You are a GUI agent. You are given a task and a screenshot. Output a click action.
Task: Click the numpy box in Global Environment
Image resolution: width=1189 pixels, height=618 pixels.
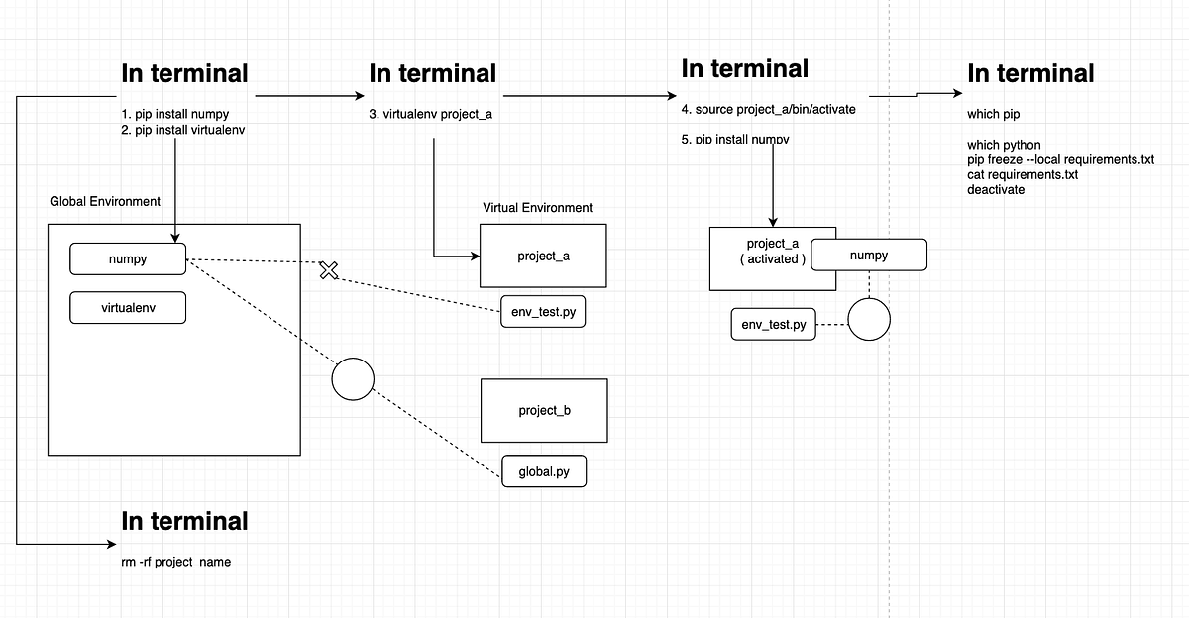[x=128, y=259]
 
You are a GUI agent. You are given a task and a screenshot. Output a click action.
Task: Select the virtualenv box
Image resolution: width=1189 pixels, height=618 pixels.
[x=128, y=307]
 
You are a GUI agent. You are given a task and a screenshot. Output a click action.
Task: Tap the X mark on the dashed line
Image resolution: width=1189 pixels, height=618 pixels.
[x=330, y=269]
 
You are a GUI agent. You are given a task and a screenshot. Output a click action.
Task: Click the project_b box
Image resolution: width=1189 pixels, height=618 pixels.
[x=544, y=410]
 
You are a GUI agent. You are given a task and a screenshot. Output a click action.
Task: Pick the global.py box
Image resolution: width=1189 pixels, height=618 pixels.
[x=544, y=471]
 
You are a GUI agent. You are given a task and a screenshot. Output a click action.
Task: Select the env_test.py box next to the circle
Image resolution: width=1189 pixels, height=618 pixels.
[x=774, y=324]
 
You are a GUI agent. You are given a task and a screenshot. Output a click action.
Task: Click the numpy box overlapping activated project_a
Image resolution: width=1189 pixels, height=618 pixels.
[x=869, y=255]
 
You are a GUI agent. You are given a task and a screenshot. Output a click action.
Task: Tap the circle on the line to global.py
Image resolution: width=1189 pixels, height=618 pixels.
[x=353, y=378]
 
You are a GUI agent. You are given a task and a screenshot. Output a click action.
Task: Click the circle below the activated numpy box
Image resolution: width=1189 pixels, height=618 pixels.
[x=869, y=320]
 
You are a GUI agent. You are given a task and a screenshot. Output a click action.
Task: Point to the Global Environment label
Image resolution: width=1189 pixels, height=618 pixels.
[x=105, y=201]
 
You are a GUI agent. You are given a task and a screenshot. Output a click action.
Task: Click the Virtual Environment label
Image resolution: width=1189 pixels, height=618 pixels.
[x=538, y=208]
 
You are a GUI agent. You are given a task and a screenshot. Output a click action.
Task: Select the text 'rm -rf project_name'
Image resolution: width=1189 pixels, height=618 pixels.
[x=175, y=562]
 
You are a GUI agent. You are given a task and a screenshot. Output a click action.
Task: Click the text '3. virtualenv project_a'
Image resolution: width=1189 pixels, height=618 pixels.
[x=431, y=114]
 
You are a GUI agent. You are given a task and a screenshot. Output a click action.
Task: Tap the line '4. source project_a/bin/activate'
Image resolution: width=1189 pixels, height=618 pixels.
[x=768, y=109]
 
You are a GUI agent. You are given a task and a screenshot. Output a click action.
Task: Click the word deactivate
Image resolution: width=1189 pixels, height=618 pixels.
[x=996, y=189]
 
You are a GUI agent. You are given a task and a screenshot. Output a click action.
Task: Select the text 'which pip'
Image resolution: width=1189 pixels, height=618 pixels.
[x=994, y=114]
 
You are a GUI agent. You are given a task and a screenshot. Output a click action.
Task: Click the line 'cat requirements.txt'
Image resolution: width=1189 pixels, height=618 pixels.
[x=1023, y=174]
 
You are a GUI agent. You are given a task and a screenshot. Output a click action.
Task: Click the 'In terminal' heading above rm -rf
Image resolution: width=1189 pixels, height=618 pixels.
[x=184, y=521]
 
